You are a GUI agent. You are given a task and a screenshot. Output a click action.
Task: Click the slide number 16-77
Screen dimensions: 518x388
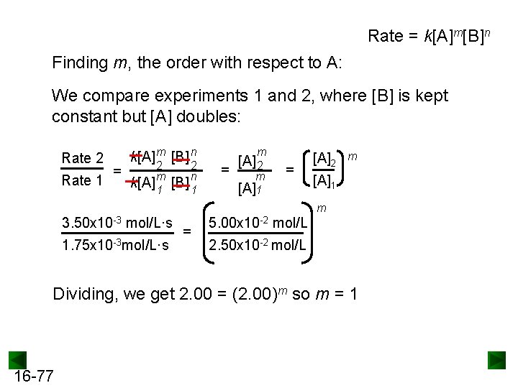pos(32,376)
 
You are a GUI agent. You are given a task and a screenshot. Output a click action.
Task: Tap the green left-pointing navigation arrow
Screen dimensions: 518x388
pos(18,359)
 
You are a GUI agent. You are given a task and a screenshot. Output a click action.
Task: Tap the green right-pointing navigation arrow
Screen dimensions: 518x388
pos(497,359)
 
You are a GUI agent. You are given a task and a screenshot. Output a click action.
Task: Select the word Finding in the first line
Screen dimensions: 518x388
pos(80,63)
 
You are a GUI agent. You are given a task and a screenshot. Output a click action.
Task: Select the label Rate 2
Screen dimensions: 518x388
pos(83,158)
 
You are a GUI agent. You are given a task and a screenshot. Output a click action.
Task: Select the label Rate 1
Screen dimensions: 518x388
pos(83,180)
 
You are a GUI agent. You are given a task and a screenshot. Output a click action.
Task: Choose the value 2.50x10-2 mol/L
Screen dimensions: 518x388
pos(258,246)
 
